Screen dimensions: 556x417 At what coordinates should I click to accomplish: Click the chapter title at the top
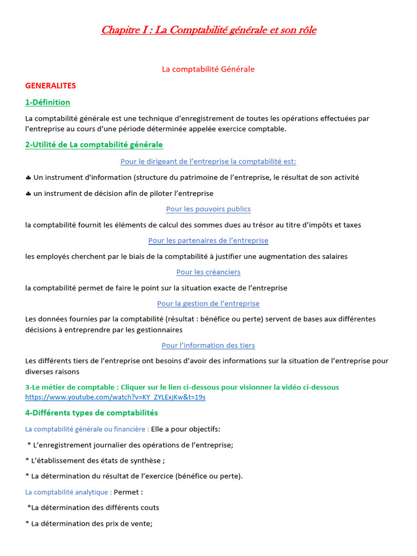click(x=208, y=30)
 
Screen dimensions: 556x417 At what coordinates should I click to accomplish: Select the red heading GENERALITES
click(x=50, y=85)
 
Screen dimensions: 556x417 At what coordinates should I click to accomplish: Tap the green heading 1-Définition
click(x=47, y=102)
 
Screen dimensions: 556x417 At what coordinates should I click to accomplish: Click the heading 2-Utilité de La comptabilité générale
click(x=94, y=144)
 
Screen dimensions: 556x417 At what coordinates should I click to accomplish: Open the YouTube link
click(x=115, y=397)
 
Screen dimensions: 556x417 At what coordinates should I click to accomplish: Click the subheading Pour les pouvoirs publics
click(x=208, y=209)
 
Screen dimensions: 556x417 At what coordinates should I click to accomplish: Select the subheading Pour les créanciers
click(x=208, y=272)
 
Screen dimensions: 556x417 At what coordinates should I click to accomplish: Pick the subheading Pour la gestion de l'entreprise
click(x=208, y=304)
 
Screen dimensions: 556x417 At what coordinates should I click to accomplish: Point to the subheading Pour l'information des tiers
click(x=208, y=345)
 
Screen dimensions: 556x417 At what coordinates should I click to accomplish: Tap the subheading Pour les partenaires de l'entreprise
click(x=208, y=241)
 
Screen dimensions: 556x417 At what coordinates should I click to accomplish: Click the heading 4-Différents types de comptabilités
click(x=91, y=413)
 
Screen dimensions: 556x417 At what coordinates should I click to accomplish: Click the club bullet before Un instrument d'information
click(x=28, y=178)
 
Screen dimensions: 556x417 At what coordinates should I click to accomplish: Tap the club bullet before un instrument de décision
click(x=28, y=193)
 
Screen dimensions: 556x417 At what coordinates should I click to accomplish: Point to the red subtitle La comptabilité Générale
click(x=208, y=69)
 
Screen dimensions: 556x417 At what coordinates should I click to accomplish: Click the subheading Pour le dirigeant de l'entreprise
click(x=208, y=161)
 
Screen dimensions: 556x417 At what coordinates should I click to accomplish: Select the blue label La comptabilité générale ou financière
click(x=87, y=429)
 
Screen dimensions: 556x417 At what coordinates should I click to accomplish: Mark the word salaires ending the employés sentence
click(x=333, y=256)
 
